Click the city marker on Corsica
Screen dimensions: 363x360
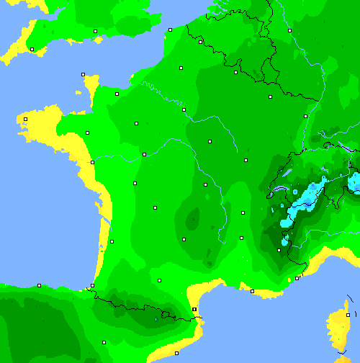pos(347,315)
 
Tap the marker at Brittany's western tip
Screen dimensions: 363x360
pos(25,119)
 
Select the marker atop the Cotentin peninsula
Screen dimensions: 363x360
pos(83,74)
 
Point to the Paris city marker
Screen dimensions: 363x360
pos(184,109)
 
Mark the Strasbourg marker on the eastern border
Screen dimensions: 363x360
pos(305,116)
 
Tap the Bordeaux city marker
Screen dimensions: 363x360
pos(112,241)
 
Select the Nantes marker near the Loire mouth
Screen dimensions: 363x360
pos(92,162)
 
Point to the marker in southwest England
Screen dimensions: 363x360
pos(32,49)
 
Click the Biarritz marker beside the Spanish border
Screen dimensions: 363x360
pos(91,286)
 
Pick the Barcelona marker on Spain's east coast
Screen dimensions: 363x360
pos(176,353)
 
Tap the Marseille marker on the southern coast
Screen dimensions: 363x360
pos(252,291)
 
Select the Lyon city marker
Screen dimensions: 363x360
pos(243,212)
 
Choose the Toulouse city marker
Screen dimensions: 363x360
pos(159,280)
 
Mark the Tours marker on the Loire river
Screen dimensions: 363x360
pos(144,154)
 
